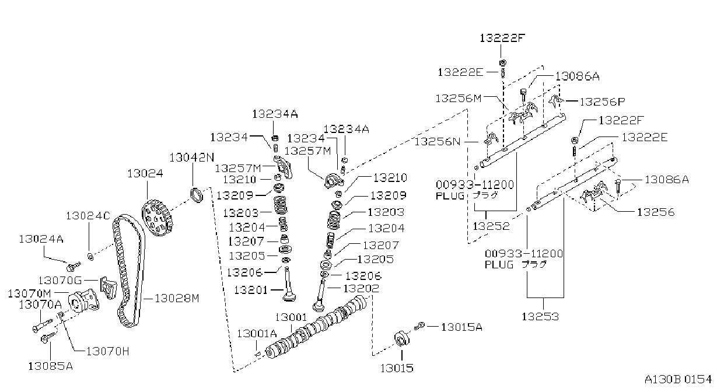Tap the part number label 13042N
click(192, 157)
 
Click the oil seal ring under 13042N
click(197, 195)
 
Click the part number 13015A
click(461, 327)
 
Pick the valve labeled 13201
click(289, 285)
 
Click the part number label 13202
click(361, 289)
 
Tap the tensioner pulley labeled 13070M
click(84, 301)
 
